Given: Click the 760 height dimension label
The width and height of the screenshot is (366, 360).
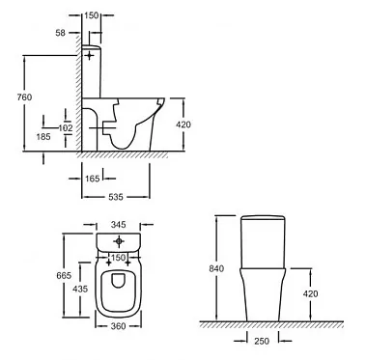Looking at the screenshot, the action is (25, 97).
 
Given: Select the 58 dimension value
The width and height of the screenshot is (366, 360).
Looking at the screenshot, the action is (60, 33).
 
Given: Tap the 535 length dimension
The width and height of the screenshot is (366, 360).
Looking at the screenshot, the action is (116, 197).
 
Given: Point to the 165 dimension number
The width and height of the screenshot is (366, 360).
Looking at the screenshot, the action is (93, 179).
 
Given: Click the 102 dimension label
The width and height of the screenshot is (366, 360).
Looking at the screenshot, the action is (66, 128).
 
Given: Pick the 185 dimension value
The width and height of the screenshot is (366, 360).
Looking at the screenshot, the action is (43, 137).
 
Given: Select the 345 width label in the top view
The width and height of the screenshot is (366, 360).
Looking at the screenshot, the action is (118, 225).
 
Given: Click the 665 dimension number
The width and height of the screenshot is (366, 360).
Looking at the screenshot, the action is (64, 276).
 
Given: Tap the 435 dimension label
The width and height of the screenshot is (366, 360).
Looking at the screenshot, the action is (80, 289).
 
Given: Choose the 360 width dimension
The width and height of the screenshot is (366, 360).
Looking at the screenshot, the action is (118, 326).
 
